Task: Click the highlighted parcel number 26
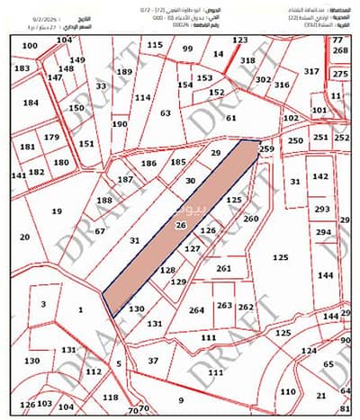click(181, 225)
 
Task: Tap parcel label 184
click(31, 103)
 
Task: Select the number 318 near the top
click(247, 59)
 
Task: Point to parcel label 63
click(165, 113)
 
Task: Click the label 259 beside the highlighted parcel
click(265, 147)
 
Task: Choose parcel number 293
click(321, 209)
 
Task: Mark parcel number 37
click(153, 360)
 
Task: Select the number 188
click(105, 200)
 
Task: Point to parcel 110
click(286, 393)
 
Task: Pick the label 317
click(311, 70)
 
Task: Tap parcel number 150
click(77, 108)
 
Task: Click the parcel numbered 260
click(250, 219)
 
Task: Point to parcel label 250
click(295, 141)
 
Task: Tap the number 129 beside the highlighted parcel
click(178, 282)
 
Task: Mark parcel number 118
click(110, 397)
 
